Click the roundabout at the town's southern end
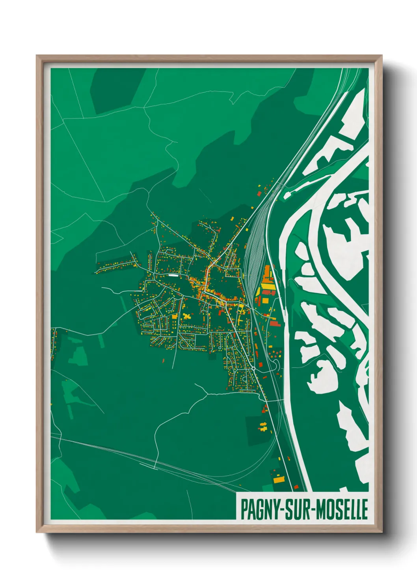click(253, 368)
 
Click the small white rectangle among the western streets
click(173, 275)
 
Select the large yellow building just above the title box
click(279, 480)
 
